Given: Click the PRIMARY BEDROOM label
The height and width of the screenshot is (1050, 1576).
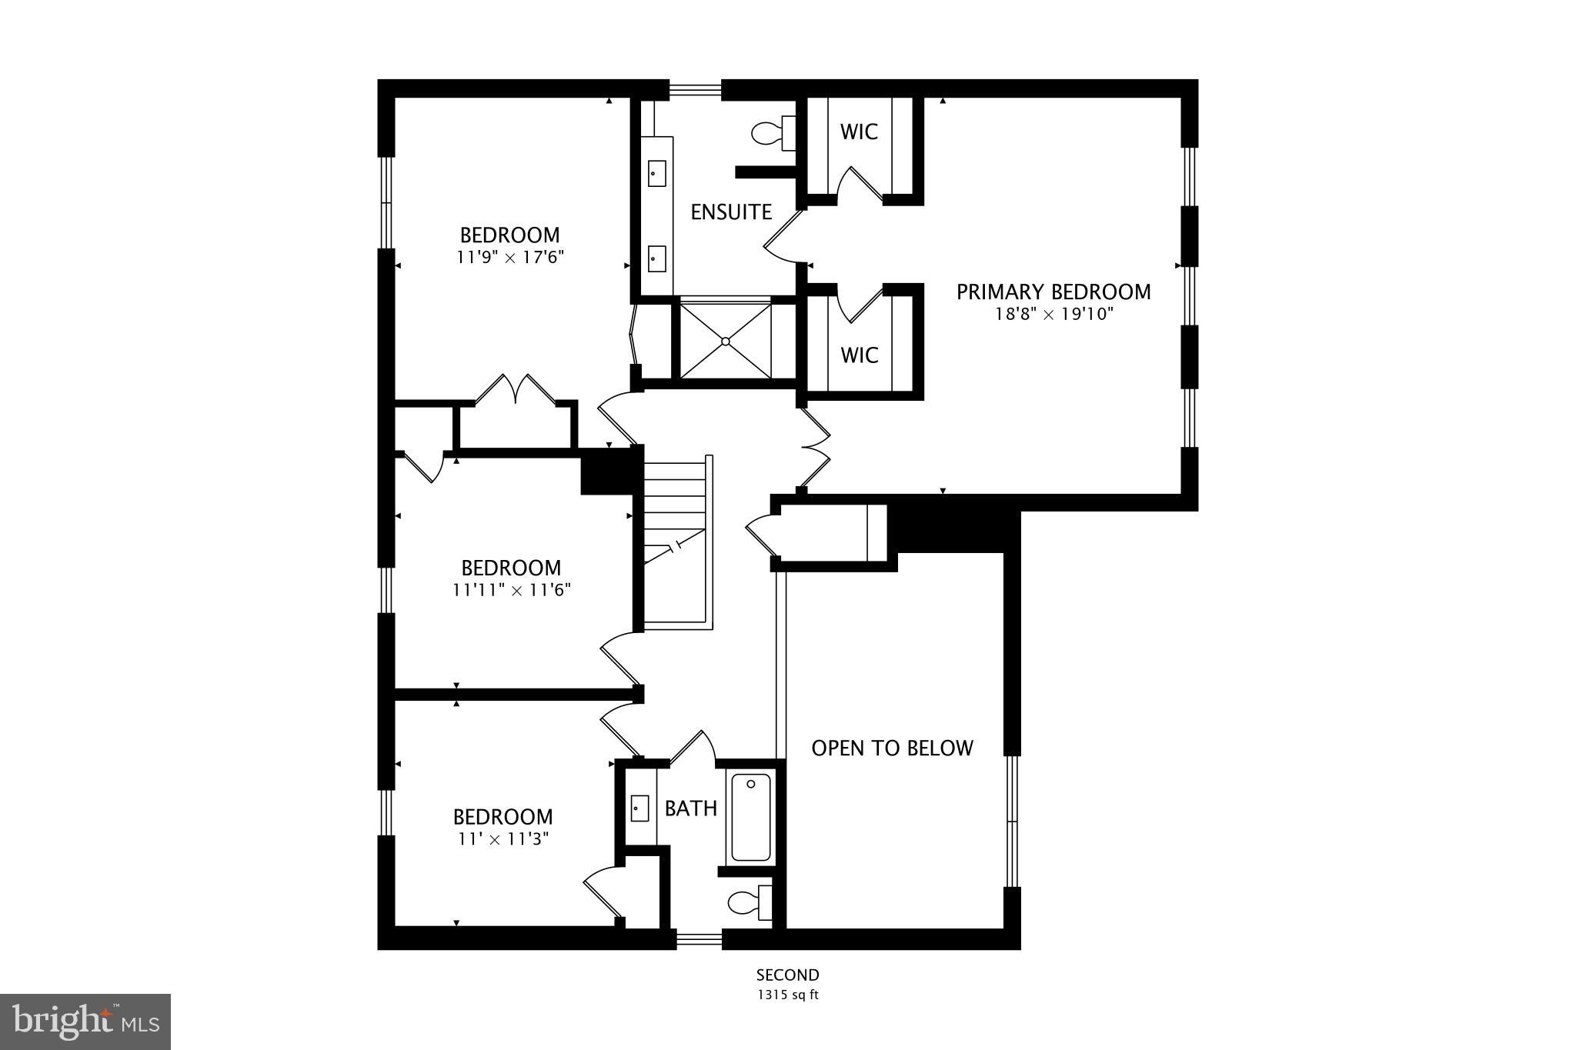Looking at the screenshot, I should pyautogui.click(x=1053, y=292).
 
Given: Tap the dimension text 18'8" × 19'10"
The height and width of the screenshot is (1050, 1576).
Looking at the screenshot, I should pyautogui.click(x=1053, y=314).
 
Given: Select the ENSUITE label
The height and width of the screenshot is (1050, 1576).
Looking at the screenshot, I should pyautogui.click(x=730, y=212).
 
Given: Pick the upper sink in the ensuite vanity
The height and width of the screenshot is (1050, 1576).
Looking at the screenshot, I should pyautogui.click(x=656, y=174).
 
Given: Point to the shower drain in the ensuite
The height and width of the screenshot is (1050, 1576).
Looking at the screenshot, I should pyautogui.click(x=726, y=341).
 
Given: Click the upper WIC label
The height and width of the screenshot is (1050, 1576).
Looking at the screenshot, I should pyautogui.click(x=859, y=132).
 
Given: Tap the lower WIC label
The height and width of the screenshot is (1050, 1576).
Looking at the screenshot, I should pyautogui.click(x=859, y=355).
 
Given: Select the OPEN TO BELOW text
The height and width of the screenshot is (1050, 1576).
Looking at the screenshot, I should pyautogui.click(x=892, y=748).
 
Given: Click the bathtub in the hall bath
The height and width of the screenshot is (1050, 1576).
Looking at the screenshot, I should pyautogui.click(x=750, y=818).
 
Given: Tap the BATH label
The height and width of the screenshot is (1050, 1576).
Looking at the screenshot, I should pyautogui.click(x=690, y=808).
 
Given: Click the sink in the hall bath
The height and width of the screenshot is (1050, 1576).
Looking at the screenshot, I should pyautogui.click(x=639, y=808).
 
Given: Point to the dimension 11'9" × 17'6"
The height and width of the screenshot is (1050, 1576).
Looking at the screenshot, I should pyautogui.click(x=510, y=257).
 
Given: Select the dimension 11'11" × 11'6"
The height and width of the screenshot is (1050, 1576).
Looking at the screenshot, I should pyautogui.click(x=511, y=590).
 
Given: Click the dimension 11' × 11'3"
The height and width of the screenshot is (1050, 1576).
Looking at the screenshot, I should pyautogui.click(x=503, y=838).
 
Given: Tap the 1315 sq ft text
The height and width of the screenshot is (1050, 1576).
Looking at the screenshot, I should pyautogui.click(x=787, y=995).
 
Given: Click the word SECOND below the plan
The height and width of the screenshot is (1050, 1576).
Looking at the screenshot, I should pyautogui.click(x=787, y=975).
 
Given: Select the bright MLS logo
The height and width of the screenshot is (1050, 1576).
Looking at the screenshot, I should pyautogui.click(x=85, y=1022).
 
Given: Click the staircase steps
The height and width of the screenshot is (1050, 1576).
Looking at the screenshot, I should pyautogui.click(x=674, y=508).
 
